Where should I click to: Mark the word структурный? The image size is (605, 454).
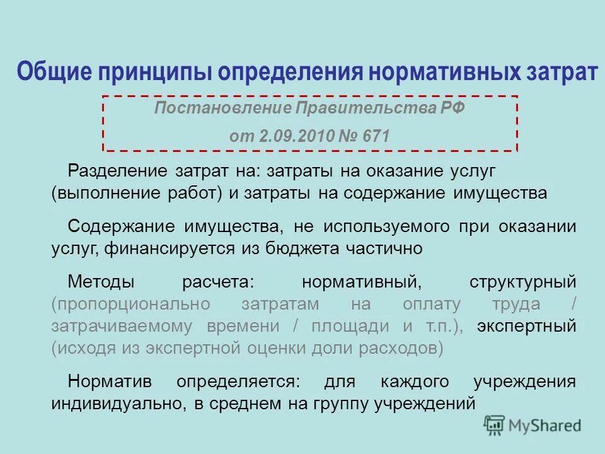point(522,280)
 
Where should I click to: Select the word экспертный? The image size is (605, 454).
point(526,326)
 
